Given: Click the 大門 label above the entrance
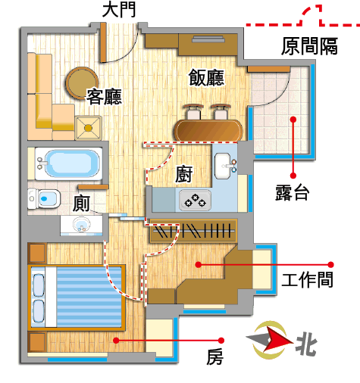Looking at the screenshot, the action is [x=119, y=11].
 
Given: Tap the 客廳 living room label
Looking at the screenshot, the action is [x=104, y=96].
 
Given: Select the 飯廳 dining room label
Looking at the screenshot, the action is [x=206, y=77].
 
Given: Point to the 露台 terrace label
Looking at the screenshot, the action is [x=293, y=192].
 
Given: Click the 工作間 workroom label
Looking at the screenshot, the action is [x=308, y=279].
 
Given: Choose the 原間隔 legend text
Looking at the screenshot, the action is [x=309, y=46].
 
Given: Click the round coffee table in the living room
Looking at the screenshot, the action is [x=82, y=83].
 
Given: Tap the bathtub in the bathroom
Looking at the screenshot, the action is [x=69, y=163].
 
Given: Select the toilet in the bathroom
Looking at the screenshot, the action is [x=44, y=198].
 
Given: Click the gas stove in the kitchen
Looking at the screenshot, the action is [x=195, y=200].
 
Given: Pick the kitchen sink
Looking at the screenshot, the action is [x=224, y=166].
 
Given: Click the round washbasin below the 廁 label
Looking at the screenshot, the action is [x=81, y=224].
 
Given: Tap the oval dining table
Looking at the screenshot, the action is [x=208, y=131].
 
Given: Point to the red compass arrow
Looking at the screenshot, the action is [x=278, y=340].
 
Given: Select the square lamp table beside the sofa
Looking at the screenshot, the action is [x=88, y=128].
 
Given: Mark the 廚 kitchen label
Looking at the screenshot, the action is [x=183, y=174].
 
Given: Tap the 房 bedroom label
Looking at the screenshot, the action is [x=214, y=357].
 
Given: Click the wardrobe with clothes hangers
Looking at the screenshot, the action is [x=193, y=231].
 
